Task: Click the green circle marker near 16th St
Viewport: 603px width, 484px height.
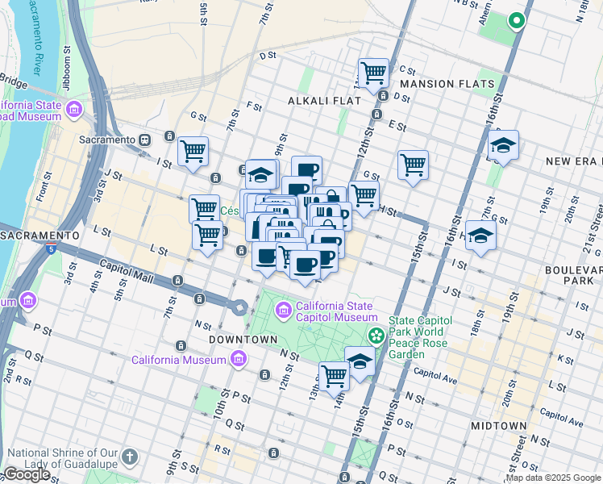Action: pyautogui.click(x=517, y=22)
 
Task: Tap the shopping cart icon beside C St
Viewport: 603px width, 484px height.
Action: pyautogui.click(x=374, y=73)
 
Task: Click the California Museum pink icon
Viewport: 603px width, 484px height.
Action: pyautogui.click(x=238, y=360)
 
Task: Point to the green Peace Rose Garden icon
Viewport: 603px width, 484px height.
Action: pyautogui.click(x=376, y=335)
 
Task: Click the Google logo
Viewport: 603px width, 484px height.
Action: pyautogui.click(x=27, y=474)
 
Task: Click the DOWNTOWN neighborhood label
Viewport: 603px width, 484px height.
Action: pyautogui.click(x=243, y=340)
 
